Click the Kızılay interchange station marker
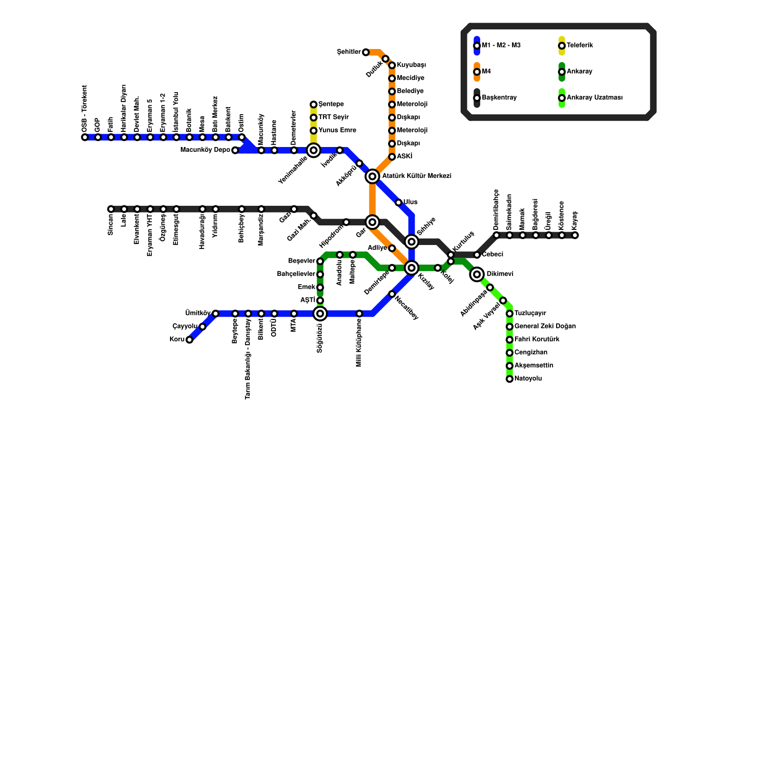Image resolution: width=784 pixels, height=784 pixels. point(412,268)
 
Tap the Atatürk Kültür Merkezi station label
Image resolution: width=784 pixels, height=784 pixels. point(416,176)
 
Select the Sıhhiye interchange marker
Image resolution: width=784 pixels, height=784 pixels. point(412,242)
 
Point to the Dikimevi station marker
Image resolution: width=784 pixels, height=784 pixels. point(477,274)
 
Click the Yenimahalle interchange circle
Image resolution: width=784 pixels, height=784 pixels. point(314,150)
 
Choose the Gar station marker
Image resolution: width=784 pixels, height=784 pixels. point(372,222)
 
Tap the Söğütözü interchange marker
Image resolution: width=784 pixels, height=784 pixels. point(320,314)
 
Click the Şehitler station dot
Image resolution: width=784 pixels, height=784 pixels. point(366,52)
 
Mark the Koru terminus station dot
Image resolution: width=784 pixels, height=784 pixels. point(189,340)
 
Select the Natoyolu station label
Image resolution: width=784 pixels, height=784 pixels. point(528,379)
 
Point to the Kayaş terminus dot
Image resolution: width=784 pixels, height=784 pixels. point(575,235)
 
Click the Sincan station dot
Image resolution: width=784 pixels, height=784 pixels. point(111,209)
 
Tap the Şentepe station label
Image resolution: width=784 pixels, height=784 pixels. point(331,104)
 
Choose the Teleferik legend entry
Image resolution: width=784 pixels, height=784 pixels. point(580,46)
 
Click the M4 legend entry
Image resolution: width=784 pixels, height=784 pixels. point(486,72)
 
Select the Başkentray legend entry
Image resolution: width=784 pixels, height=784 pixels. point(499,98)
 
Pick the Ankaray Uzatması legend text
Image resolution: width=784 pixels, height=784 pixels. point(594,98)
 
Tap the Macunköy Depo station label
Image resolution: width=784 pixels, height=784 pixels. point(205,150)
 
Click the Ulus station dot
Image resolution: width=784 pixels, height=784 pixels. point(398,202)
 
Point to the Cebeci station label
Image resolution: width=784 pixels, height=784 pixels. point(492,255)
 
